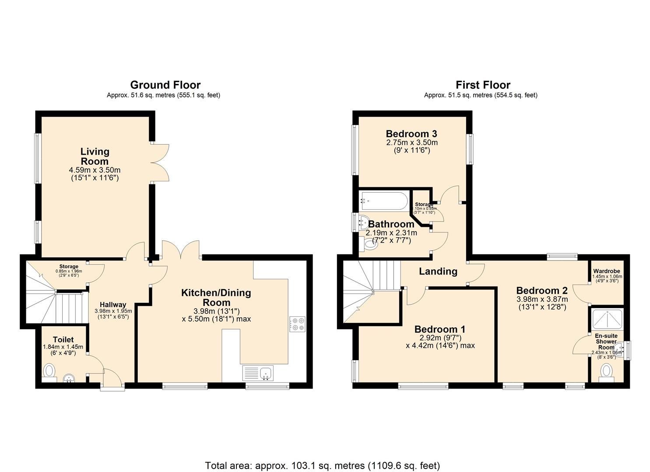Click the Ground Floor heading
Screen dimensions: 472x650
click(x=165, y=85)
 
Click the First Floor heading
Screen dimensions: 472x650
click(x=483, y=85)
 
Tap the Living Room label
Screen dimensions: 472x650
click(x=95, y=156)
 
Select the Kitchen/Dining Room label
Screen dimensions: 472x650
click(x=216, y=298)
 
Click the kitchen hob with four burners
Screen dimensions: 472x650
click(x=298, y=323)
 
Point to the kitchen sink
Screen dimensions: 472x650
click(x=265, y=373)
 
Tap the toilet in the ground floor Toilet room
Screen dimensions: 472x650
click(x=49, y=372)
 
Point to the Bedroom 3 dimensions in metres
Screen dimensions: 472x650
click(x=412, y=142)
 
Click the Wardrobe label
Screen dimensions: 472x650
click(x=606, y=271)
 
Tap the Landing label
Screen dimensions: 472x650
click(x=438, y=271)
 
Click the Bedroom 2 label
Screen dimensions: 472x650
click(x=542, y=291)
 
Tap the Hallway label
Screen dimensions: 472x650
click(x=113, y=305)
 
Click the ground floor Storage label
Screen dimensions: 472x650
click(x=69, y=267)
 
